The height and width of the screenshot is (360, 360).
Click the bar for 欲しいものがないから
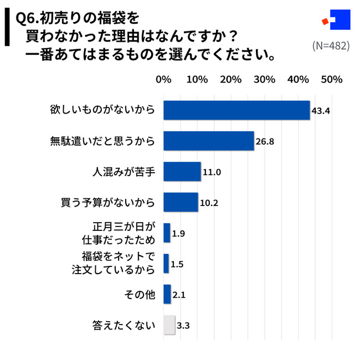pyautogui.click(x=236, y=110)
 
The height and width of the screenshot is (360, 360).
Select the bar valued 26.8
pyautogui.click(x=208, y=141)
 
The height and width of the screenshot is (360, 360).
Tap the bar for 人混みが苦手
pyautogui.click(x=182, y=172)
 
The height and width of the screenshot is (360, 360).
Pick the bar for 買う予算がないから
pyautogui.click(x=181, y=202)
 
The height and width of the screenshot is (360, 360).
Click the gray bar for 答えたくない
pyautogui.click(x=169, y=325)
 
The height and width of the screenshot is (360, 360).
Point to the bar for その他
pyautogui.click(x=167, y=294)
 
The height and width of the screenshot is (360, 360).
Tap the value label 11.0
pyautogui.click(x=212, y=172)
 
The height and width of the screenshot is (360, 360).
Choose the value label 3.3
pyautogui.click(x=183, y=326)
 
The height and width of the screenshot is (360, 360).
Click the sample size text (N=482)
pyautogui.click(x=330, y=45)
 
